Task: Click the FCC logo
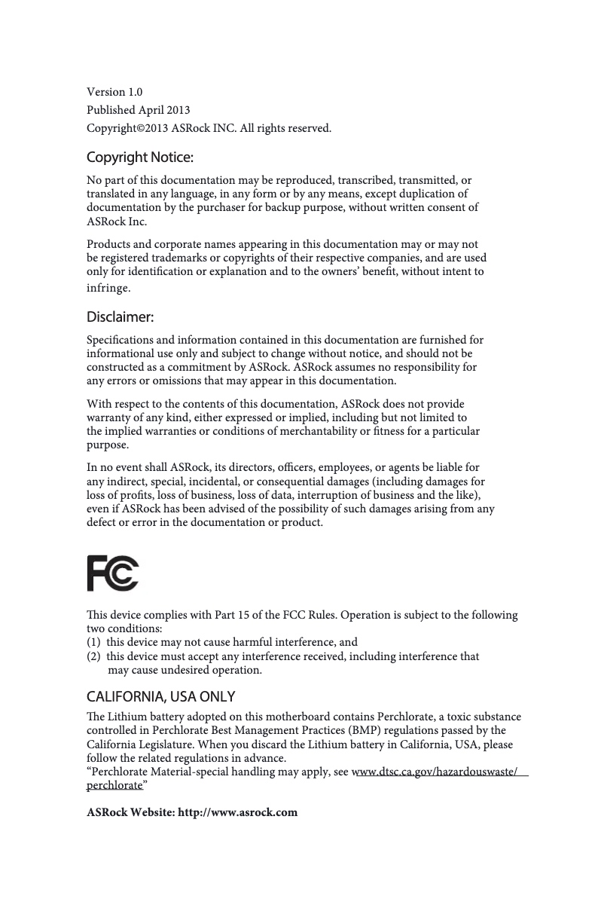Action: click(113, 573)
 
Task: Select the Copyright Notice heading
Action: click(140, 157)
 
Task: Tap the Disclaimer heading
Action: click(120, 316)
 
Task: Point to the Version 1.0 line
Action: click(114, 92)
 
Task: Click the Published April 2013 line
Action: click(139, 110)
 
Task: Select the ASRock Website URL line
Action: click(192, 812)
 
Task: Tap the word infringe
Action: click(110, 288)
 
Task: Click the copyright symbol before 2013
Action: click(132, 128)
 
